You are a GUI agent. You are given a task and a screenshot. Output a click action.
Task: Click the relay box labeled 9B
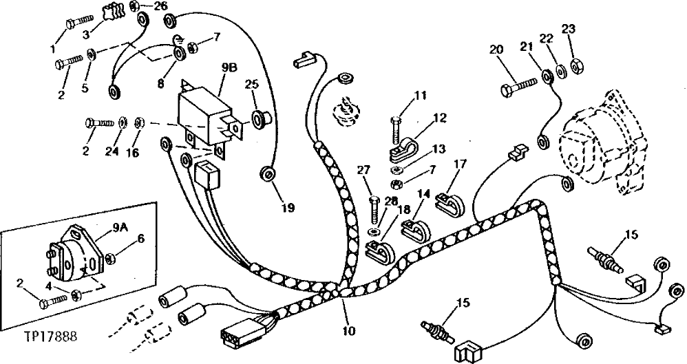[207, 116]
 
